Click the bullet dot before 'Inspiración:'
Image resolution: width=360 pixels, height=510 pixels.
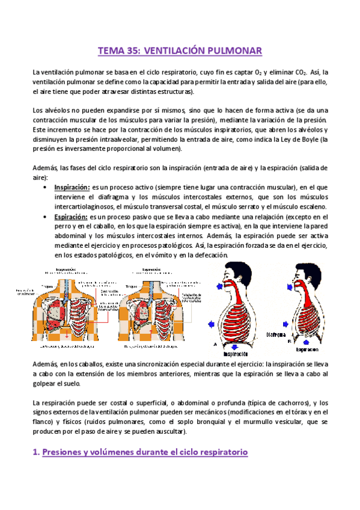point(47,188)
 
